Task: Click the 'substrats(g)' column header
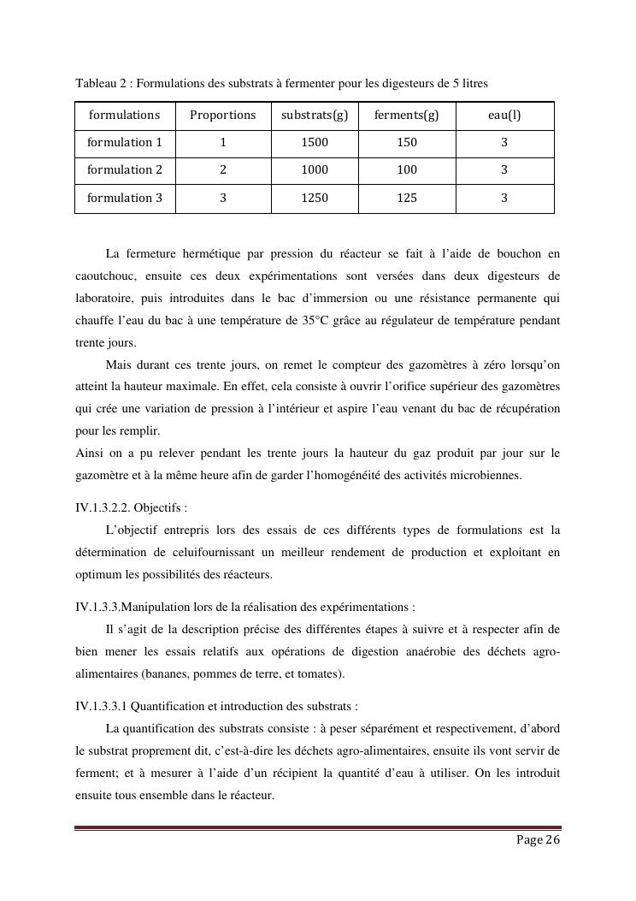click(315, 115)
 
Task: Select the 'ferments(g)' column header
click(407, 115)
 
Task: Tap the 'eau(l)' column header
click(504, 115)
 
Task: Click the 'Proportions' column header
click(223, 115)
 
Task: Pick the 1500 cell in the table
click(315, 142)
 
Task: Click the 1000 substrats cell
click(315, 169)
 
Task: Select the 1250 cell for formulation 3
click(315, 198)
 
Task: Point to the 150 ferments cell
click(407, 142)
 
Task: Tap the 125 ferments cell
click(407, 198)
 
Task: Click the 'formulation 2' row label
click(125, 169)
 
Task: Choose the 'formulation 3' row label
click(125, 198)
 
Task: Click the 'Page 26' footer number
click(538, 840)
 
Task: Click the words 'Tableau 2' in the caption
click(103, 84)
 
